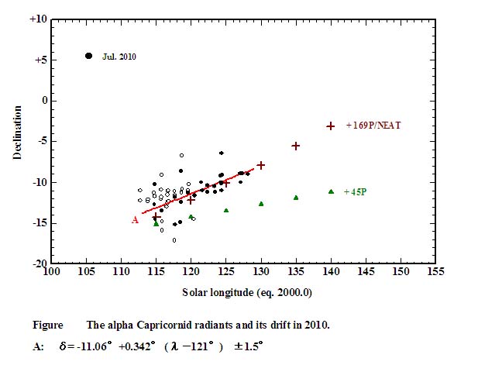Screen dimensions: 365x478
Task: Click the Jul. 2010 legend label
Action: pos(119,56)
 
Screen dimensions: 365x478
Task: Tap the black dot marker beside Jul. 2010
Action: pos(88,56)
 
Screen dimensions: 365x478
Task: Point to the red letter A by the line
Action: pos(134,220)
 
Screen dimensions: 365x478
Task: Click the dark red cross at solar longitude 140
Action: pos(331,126)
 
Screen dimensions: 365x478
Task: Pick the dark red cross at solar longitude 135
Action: pos(296,146)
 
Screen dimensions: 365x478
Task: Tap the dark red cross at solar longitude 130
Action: pos(261,165)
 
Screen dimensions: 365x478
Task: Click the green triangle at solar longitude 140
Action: pos(331,191)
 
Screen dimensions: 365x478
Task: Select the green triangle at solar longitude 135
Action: pos(296,198)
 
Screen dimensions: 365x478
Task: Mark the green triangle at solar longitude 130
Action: pos(261,204)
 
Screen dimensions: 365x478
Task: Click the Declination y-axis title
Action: pos(17,137)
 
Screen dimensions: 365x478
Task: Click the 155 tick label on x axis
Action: pos(436,273)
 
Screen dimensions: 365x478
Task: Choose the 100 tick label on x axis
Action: pos(50,273)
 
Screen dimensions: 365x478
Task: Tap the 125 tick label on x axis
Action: pos(226,273)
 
